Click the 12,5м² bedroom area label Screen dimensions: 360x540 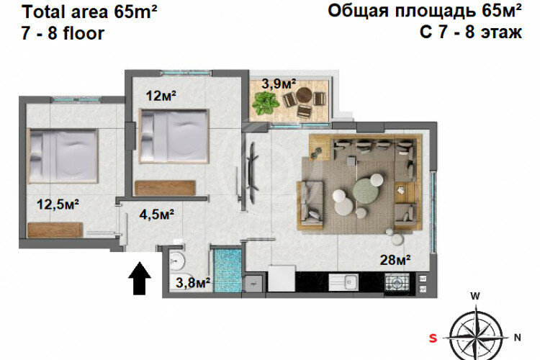[58, 204]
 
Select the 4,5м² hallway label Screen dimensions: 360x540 [157, 213]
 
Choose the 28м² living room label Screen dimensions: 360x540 [395, 259]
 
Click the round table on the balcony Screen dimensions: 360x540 [305, 96]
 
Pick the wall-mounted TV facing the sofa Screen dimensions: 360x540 [253, 164]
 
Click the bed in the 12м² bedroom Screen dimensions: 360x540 [174, 134]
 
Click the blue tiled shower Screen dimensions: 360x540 [228, 269]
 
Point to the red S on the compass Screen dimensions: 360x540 [433, 337]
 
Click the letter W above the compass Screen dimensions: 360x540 [474, 296]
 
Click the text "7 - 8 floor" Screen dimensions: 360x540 [63, 33]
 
